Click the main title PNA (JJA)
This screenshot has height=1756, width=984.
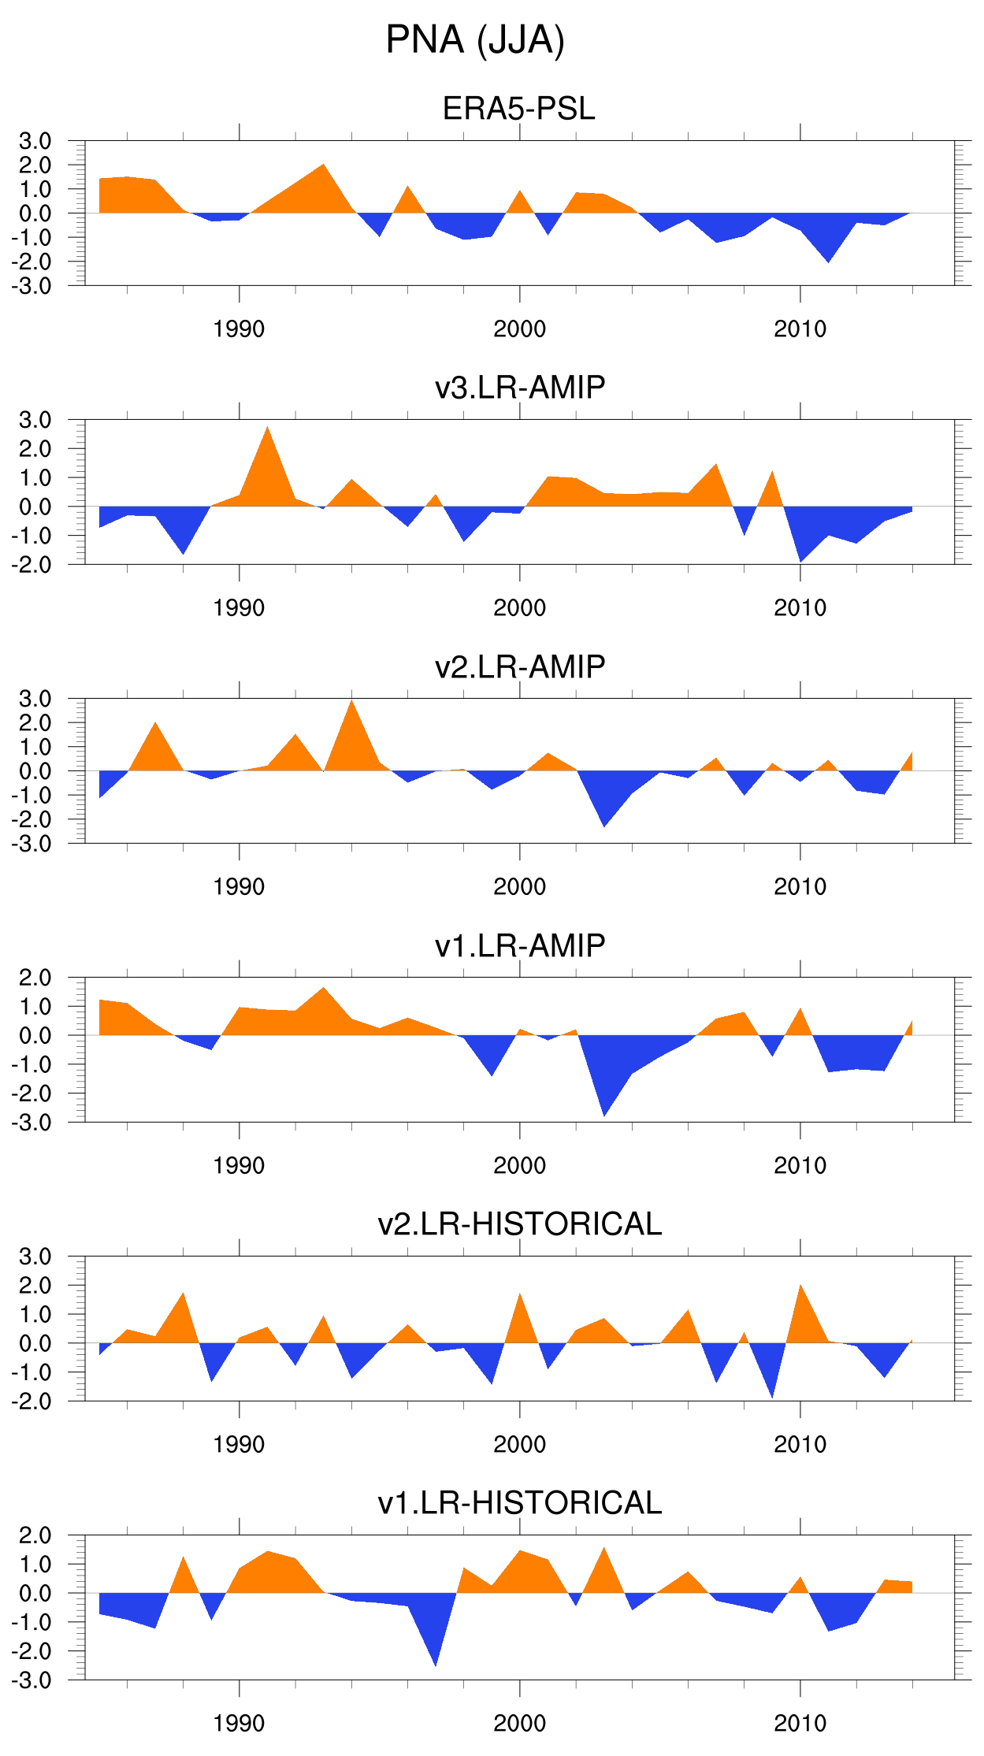[x=475, y=40]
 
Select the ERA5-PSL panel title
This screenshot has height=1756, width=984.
[x=518, y=109]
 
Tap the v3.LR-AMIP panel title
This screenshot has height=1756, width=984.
[x=520, y=388]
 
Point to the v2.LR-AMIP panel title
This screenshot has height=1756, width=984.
[x=520, y=666]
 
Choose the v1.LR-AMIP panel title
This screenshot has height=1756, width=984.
[x=520, y=945]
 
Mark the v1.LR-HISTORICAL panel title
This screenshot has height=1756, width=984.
[x=520, y=1503]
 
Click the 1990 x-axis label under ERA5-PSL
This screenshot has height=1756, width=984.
[x=239, y=329]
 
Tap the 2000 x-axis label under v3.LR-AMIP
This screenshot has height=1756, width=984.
[x=519, y=607]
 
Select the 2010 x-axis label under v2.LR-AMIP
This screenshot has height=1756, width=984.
[x=800, y=886]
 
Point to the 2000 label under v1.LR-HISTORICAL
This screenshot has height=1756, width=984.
[x=519, y=1723]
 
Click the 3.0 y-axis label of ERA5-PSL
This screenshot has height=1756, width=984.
[x=35, y=141]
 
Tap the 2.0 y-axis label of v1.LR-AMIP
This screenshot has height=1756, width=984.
[x=35, y=978]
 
